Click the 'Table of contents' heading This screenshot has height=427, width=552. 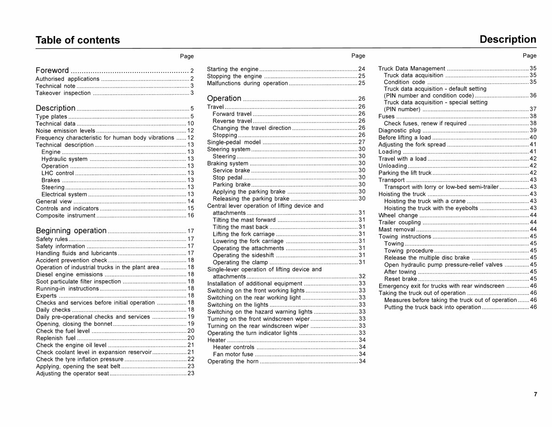tap(78, 40)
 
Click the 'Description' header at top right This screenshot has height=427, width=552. tap(508, 39)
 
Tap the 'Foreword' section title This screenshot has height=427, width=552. tap(52, 70)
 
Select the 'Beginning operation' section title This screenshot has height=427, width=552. tap(71, 230)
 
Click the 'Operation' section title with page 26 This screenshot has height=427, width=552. tap(224, 98)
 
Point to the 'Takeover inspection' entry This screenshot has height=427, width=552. tap(63, 93)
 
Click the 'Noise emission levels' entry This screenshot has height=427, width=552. tap(66, 131)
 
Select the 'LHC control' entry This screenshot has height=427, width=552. tap(57, 173)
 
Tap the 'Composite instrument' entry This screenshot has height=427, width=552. tap(66, 216)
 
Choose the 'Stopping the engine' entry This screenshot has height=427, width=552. tap(234, 76)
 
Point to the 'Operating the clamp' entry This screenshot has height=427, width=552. tap(240, 262)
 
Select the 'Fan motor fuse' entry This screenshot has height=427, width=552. tap(233, 355)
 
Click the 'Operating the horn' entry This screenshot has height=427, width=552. tap(233, 362)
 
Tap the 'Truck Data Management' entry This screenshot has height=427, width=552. tap(412, 69)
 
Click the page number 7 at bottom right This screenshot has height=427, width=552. tap(535, 395)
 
